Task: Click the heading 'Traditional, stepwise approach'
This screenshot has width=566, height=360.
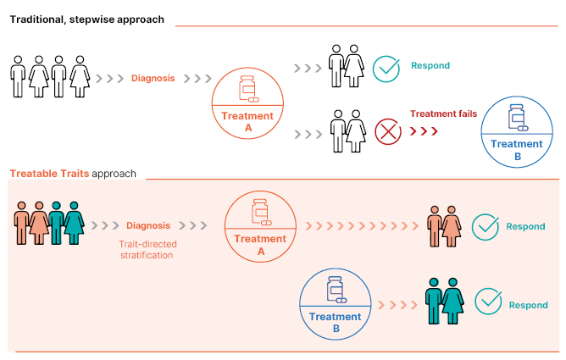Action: pyautogui.click(x=86, y=19)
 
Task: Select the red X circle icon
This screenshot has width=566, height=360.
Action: pyautogui.click(x=387, y=132)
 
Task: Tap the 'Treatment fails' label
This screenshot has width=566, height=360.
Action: pyautogui.click(x=443, y=114)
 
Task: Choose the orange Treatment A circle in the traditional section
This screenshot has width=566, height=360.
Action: pyautogui.click(x=247, y=106)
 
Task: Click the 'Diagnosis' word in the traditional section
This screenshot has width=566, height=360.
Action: pyautogui.click(x=153, y=78)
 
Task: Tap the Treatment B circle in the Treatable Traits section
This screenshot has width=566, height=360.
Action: pyautogui.click(x=336, y=303)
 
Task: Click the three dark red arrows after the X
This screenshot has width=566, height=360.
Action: pyautogui.click(x=424, y=132)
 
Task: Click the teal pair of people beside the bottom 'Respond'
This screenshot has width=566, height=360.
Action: pyautogui.click(x=443, y=302)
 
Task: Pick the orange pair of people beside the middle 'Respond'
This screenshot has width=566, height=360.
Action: pyautogui.click(x=443, y=226)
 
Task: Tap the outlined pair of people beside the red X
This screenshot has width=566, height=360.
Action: pyautogui.click(x=347, y=131)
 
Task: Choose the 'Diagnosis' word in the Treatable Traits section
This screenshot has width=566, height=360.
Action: pyautogui.click(x=148, y=225)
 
